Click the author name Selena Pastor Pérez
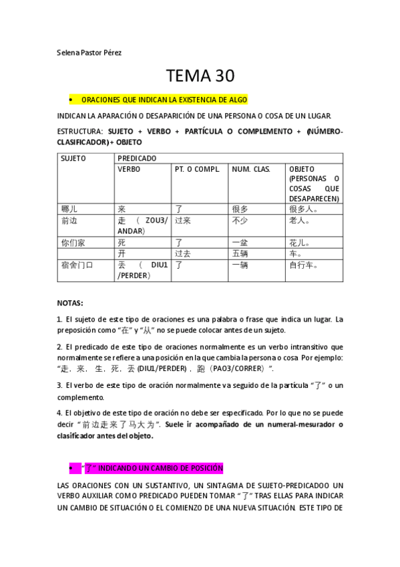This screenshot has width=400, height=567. (x=89, y=52)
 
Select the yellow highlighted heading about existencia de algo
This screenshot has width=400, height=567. (x=164, y=100)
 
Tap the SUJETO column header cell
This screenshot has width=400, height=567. (x=73, y=158)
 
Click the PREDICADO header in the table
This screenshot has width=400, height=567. (x=137, y=158)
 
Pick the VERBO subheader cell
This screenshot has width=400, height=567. (x=129, y=169)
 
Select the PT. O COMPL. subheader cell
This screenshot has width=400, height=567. (x=197, y=169)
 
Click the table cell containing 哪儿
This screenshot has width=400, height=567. (x=69, y=209)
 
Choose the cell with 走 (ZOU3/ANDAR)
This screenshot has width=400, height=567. (x=142, y=225)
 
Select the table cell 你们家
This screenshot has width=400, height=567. (x=73, y=243)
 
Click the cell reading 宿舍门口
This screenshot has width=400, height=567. (x=77, y=265)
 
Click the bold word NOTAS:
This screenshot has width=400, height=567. (x=70, y=303)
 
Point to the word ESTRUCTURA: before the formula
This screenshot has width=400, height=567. (x=80, y=132)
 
